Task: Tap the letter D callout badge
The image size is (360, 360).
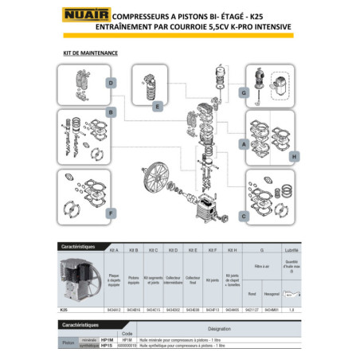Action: click(x=112, y=83)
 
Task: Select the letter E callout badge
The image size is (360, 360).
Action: click(x=159, y=105)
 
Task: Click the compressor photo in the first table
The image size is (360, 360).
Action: click(x=80, y=280)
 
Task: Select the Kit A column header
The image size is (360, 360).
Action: click(x=115, y=249)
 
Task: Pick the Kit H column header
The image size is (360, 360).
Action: click(x=231, y=249)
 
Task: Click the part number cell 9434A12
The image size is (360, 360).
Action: click(x=115, y=309)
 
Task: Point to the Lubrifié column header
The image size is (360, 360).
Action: click(x=292, y=249)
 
